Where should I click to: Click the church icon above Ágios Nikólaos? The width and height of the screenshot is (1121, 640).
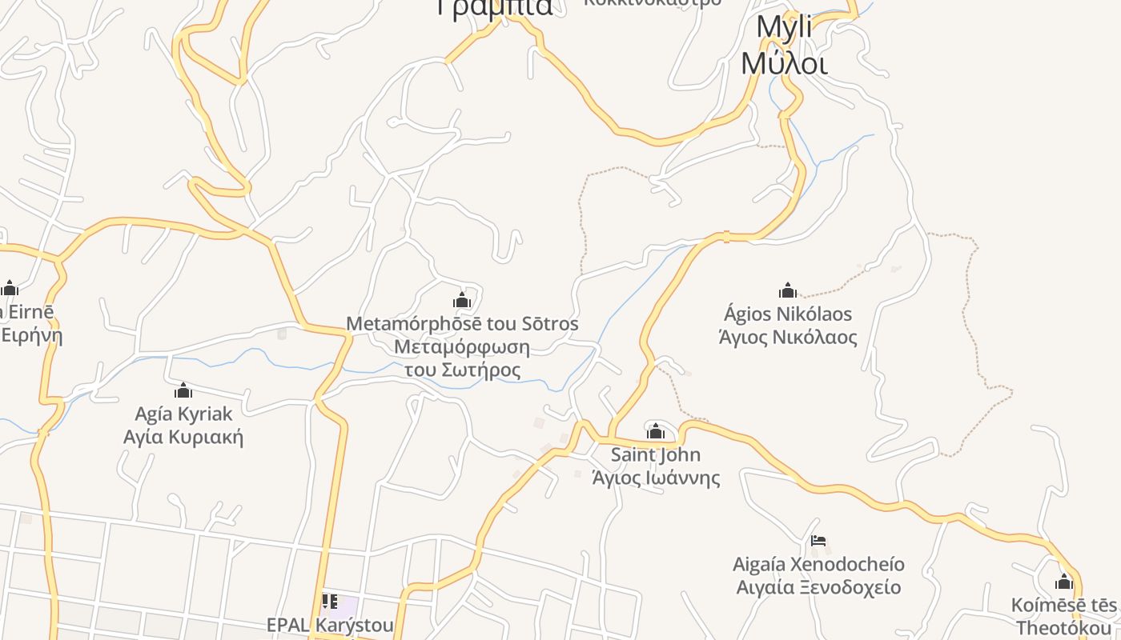[788, 290]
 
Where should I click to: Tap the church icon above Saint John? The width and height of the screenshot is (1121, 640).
[656, 431]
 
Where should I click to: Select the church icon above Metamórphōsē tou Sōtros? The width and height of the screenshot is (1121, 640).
[461, 301]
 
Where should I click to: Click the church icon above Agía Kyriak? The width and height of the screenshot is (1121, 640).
[183, 390]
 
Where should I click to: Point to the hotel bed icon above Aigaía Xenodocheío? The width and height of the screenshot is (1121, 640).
[818, 542]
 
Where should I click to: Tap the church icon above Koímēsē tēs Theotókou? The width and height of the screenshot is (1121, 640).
[1064, 582]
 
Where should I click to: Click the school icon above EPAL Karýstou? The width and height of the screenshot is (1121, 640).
[329, 601]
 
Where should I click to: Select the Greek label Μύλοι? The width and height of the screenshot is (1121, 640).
[784, 62]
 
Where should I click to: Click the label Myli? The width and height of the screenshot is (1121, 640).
[784, 27]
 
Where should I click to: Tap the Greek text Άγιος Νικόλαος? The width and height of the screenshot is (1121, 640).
[788, 337]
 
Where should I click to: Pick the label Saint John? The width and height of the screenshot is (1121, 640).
[656, 454]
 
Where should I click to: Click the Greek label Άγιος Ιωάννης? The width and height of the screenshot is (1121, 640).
[656, 478]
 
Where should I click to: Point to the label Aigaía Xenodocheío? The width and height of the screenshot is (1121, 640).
[818, 564]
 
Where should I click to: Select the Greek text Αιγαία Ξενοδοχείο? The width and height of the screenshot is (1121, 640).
[818, 587]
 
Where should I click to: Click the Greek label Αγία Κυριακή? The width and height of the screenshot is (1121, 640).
[183, 437]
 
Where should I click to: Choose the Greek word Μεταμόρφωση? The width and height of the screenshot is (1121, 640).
[462, 347]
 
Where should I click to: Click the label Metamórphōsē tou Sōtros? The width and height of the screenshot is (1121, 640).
[462, 324]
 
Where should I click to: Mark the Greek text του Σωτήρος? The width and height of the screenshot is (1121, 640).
[462, 370]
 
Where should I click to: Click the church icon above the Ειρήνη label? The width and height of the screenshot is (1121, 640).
[10, 288]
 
